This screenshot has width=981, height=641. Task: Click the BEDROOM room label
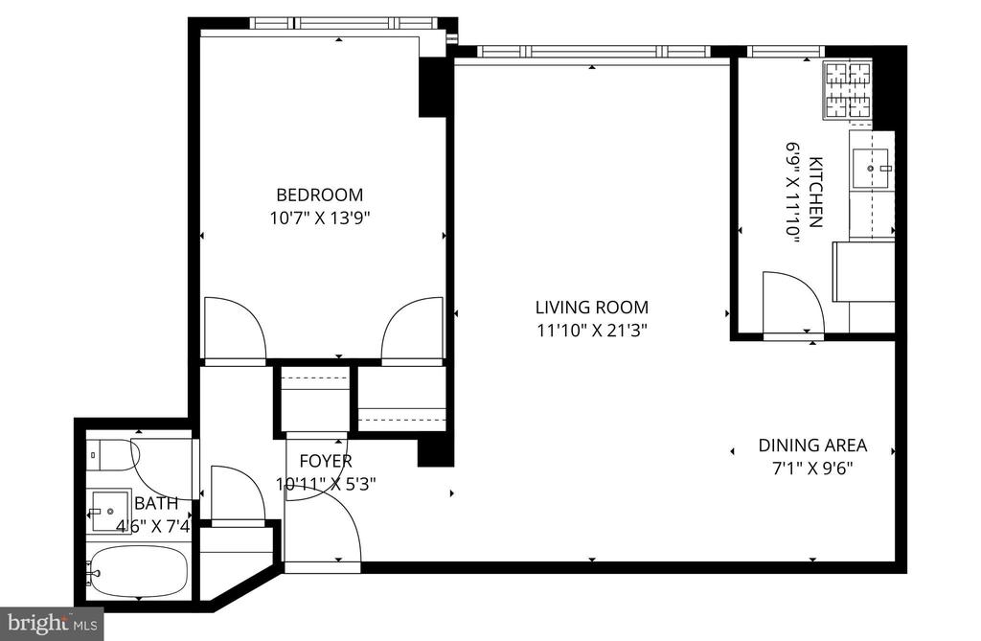pos(319,195)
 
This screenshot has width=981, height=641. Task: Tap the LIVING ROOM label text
pos(592,308)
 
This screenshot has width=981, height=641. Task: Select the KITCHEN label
pos(815,193)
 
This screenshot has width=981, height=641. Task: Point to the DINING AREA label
pos(812,446)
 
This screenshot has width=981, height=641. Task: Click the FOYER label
pos(326,461)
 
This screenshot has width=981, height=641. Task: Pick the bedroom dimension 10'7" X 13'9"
pos(320,218)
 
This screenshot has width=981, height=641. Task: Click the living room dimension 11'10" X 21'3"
pos(592,330)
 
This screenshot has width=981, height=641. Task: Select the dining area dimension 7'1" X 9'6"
pos(812,469)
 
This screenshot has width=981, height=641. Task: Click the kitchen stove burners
pos(849,91)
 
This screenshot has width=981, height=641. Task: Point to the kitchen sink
pos(871,168)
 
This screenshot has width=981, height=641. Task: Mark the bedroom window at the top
pos(343,23)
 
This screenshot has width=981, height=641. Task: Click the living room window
pos(594,52)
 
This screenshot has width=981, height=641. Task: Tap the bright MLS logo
pos(52,624)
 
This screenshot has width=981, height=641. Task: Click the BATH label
pos(156,503)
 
